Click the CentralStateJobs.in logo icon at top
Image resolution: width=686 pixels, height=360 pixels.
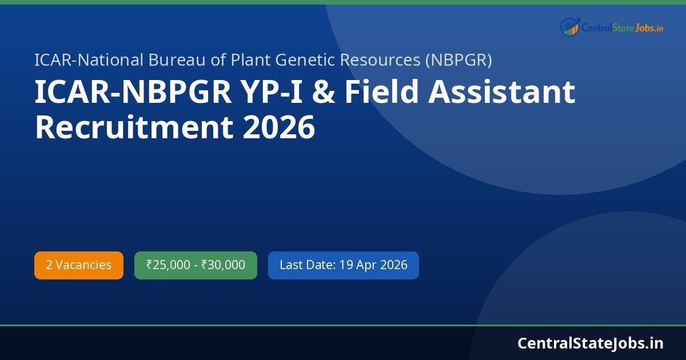tap(570, 26)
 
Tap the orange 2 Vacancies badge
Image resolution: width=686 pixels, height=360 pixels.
tap(79, 265)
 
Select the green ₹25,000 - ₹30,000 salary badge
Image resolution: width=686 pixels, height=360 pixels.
tap(196, 265)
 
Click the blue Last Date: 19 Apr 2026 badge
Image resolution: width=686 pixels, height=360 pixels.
tap(343, 265)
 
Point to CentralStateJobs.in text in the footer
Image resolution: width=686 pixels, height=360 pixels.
tap(590, 343)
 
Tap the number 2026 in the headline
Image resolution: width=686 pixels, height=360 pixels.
tap(279, 127)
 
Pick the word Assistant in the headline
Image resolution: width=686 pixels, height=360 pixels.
tap(504, 93)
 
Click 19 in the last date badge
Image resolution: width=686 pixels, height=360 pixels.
tap(346, 265)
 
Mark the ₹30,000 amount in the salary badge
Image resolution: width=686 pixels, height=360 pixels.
tap(223, 265)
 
